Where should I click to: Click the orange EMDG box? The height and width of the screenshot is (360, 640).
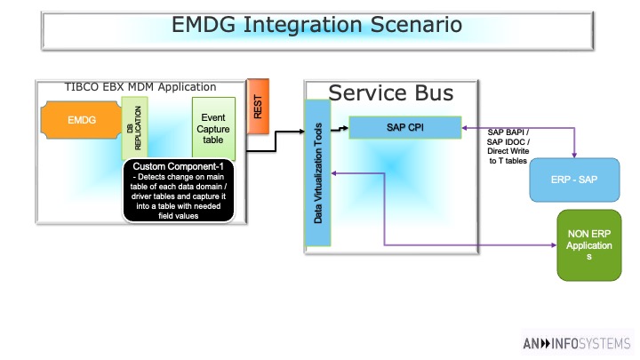(x=81, y=120)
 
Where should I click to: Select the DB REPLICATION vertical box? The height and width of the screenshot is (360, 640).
(x=134, y=128)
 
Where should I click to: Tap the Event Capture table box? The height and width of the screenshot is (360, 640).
(x=213, y=129)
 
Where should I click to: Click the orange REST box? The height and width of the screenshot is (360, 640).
(x=258, y=107)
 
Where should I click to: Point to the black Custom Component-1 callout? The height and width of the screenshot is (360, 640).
(x=179, y=190)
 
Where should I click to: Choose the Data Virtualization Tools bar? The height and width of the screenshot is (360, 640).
(x=317, y=173)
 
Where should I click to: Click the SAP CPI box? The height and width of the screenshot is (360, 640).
(x=405, y=127)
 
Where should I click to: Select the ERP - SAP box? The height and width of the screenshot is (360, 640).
(x=574, y=180)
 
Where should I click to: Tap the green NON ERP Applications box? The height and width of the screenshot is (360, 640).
(x=589, y=245)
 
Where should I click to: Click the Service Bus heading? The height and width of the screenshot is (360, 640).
(x=390, y=93)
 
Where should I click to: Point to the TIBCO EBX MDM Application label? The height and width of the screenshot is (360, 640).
(x=140, y=87)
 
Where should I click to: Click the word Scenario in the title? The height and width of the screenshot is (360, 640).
(x=416, y=25)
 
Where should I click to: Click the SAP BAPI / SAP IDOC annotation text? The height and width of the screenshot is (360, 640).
(x=508, y=147)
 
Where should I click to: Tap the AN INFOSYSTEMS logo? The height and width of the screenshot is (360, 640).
(x=577, y=344)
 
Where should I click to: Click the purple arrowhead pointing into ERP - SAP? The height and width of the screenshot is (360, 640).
(x=574, y=155)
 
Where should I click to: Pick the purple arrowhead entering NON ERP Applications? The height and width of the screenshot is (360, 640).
(x=554, y=245)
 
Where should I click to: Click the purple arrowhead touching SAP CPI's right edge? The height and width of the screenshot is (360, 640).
(x=465, y=128)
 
